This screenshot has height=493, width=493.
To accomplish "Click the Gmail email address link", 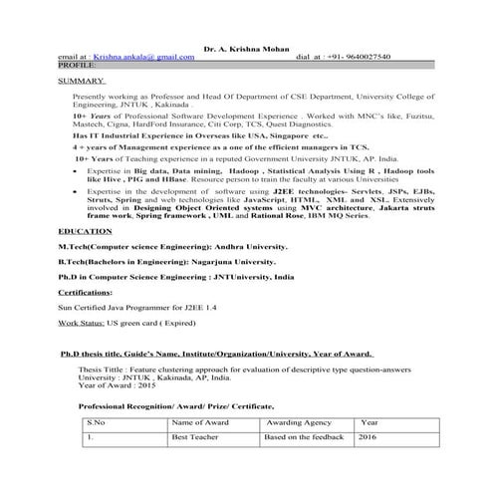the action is [x=143, y=58].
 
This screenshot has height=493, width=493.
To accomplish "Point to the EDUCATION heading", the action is [x=85, y=258].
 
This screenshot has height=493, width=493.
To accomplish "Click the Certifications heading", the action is [x=85, y=294].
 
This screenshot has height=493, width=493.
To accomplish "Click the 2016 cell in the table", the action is [x=368, y=436].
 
